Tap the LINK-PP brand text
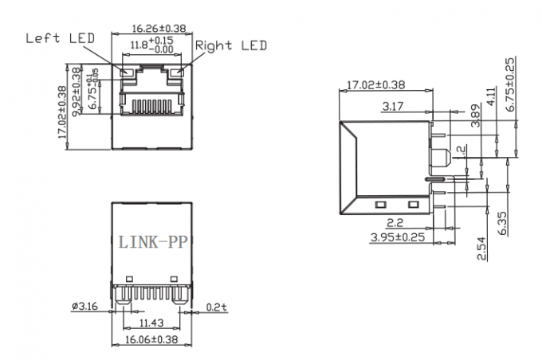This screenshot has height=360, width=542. tap(151, 241)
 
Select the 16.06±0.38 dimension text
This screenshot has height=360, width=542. tap(151, 338)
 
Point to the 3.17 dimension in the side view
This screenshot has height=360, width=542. tap(392, 105)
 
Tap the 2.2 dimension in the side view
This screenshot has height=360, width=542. tap(393, 223)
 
